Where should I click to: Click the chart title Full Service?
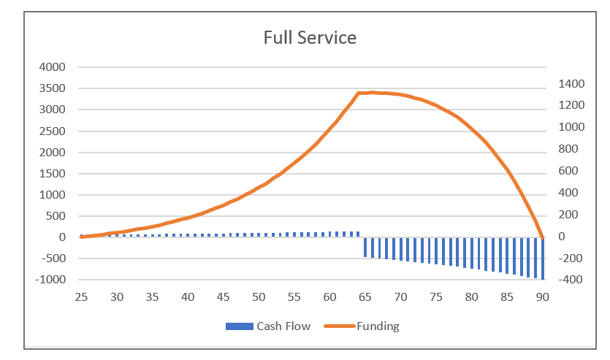[x=310, y=37]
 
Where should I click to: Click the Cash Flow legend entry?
[x=283, y=326]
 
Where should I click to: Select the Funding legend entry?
[x=377, y=326]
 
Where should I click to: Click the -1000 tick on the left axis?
[x=49, y=280]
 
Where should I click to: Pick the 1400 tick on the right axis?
[x=566, y=84]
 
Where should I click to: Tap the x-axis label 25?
[x=80, y=297]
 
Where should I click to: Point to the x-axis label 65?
[x=365, y=297]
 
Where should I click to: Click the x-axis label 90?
[x=542, y=297]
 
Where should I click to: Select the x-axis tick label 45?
[x=223, y=297]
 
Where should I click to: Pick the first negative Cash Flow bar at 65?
[x=365, y=247]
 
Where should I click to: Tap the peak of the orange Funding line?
[x=373, y=92]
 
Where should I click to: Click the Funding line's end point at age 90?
[x=542, y=237]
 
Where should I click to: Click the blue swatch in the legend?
[x=239, y=326]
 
